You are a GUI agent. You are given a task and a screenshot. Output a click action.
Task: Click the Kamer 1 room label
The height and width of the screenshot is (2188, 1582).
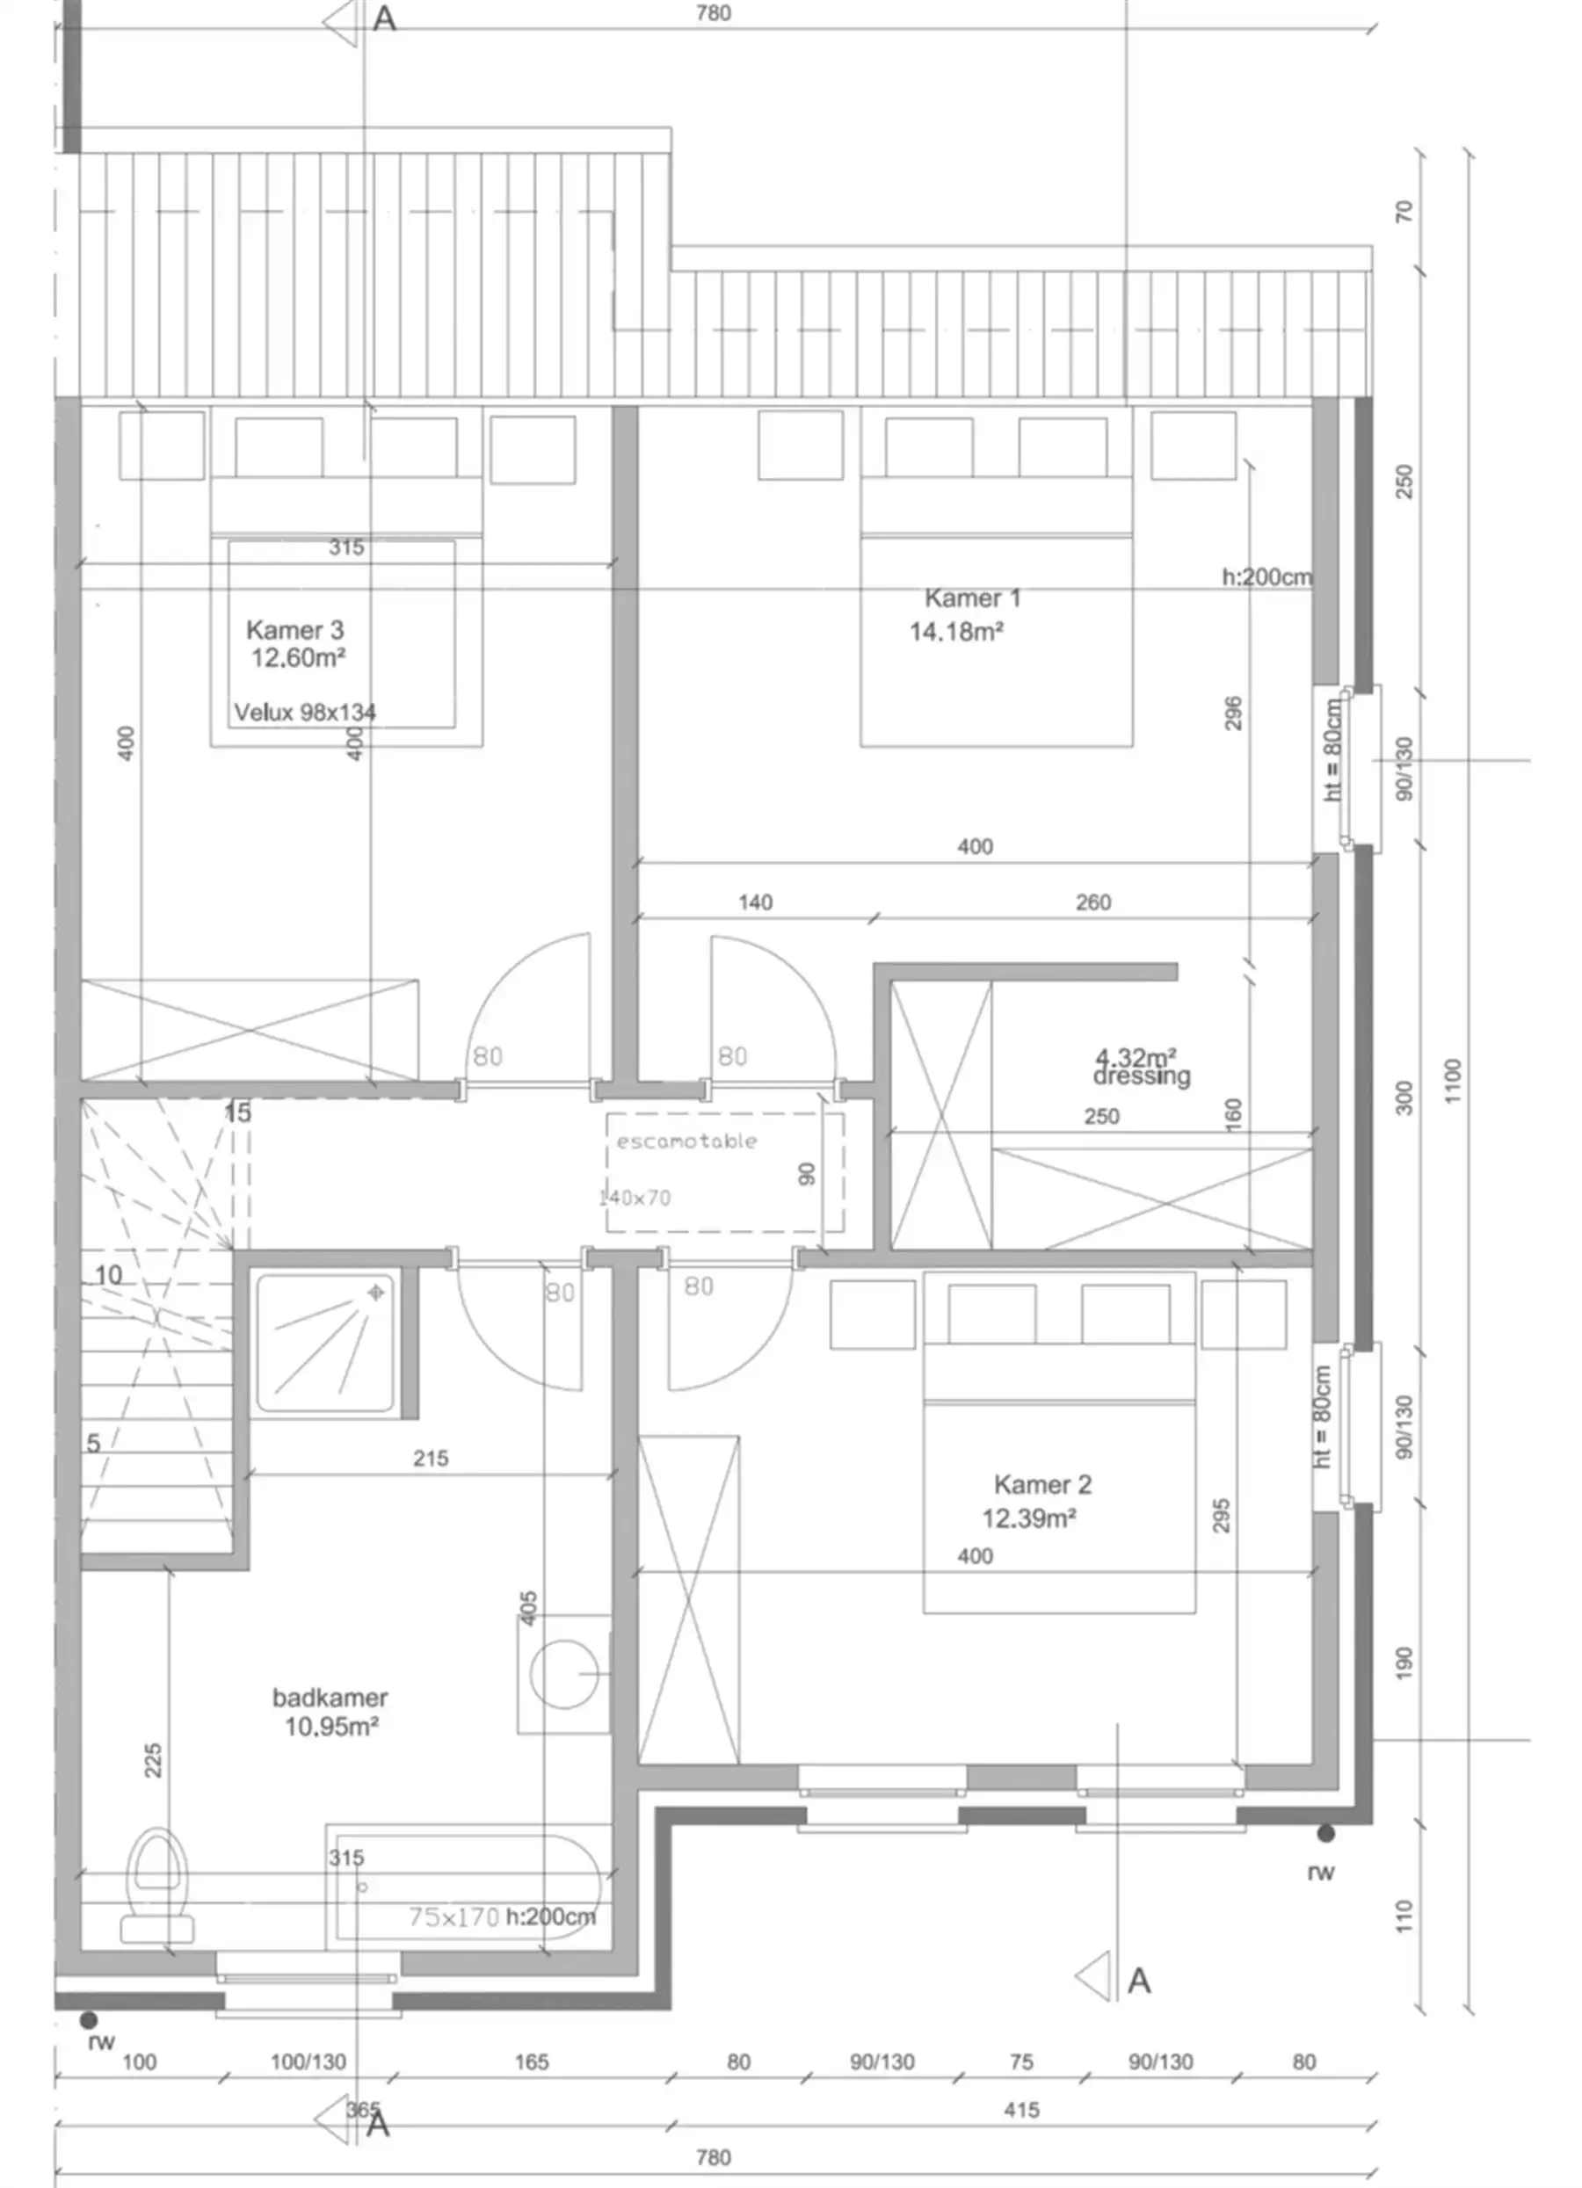point(971,598)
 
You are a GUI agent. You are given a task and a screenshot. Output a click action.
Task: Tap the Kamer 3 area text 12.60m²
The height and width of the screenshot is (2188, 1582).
point(298,658)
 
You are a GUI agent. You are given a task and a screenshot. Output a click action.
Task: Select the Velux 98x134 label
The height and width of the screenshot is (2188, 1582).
point(305,713)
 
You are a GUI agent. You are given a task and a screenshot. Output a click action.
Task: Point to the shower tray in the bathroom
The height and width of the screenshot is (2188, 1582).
point(325,1342)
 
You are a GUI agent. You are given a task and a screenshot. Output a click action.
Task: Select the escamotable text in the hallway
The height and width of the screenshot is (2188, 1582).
point(686,1141)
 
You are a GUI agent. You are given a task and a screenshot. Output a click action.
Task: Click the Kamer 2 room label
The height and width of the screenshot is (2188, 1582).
point(1041,1485)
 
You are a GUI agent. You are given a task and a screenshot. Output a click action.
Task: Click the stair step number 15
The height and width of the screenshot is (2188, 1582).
point(237,1112)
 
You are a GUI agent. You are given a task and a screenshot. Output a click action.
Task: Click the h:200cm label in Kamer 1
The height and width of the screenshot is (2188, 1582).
point(1266,577)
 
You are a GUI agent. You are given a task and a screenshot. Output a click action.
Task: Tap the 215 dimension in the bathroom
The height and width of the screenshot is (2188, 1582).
point(431,1459)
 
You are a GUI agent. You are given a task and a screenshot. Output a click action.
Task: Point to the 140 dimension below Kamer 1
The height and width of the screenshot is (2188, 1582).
point(755,902)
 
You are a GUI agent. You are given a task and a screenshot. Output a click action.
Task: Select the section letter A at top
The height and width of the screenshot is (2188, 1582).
point(384,18)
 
